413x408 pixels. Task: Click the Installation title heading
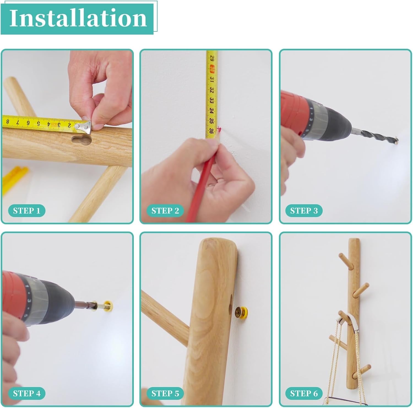(x=78, y=18)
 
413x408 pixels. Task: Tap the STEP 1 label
(x=27, y=211)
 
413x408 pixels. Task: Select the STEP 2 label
(x=165, y=211)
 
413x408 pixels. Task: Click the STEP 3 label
(x=304, y=211)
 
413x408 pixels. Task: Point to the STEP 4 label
(x=27, y=393)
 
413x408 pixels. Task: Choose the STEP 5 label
(x=165, y=393)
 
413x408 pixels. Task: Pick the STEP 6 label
(x=304, y=393)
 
